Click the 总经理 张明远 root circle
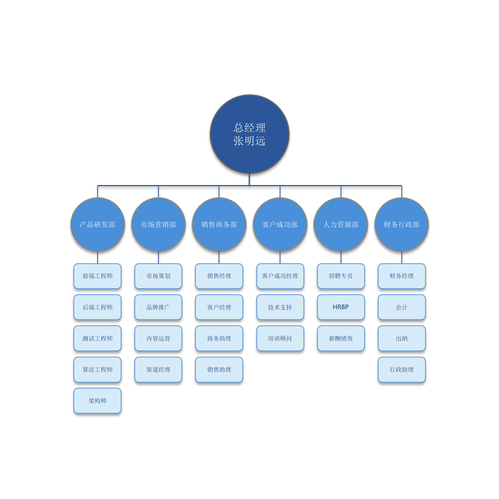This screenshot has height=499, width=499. [250, 134]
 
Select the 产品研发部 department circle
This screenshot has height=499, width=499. [98, 224]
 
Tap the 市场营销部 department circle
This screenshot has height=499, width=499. [158, 224]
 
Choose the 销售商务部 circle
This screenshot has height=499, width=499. [219, 224]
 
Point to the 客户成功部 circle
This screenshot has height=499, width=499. [280, 224]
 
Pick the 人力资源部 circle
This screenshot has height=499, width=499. [341, 224]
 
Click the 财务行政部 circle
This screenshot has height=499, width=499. [402, 224]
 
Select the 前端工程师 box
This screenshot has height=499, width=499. [98, 276]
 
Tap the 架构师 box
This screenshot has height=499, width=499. [98, 401]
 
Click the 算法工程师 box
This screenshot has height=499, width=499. [98, 369]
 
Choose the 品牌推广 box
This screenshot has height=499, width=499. [158, 307]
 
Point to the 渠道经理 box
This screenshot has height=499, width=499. [158, 369]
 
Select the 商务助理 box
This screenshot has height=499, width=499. [219, 338]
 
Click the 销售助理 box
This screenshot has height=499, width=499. [219, 369]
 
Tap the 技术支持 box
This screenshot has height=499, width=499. [280, 307]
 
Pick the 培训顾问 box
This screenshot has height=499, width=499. [280, 338]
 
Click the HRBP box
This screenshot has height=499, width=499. [341, 307]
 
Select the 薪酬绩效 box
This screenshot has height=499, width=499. [341, 338]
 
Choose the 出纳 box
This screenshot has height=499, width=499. [402, 338]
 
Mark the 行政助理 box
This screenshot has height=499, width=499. [402, 369]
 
